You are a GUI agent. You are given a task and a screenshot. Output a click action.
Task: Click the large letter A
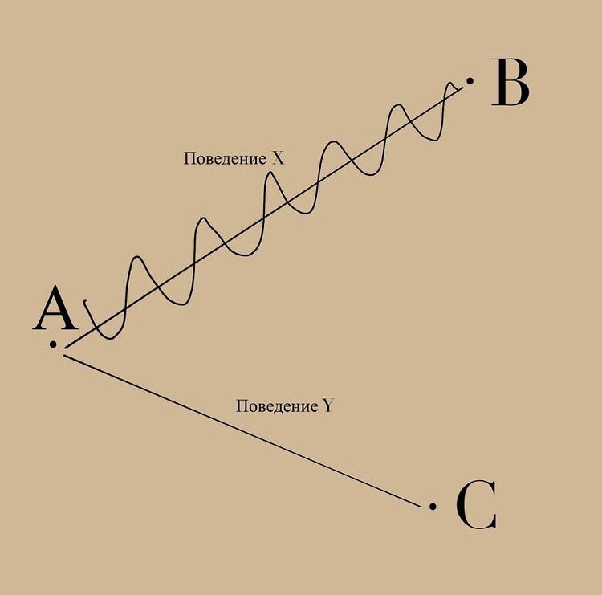point(55,312)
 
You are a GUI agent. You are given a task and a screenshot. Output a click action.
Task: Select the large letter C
point(476,506)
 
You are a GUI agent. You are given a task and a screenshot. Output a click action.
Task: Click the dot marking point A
point(53,344)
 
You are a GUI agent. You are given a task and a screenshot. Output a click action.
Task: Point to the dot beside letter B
point(470,80)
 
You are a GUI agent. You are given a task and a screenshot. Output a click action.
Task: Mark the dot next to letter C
point(433,506)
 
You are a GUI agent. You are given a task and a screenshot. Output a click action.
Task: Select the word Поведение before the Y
point(276,406)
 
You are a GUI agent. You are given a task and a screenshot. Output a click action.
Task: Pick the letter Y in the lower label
point(327,406)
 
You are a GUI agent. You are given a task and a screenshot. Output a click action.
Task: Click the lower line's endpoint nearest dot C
point(421,506)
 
